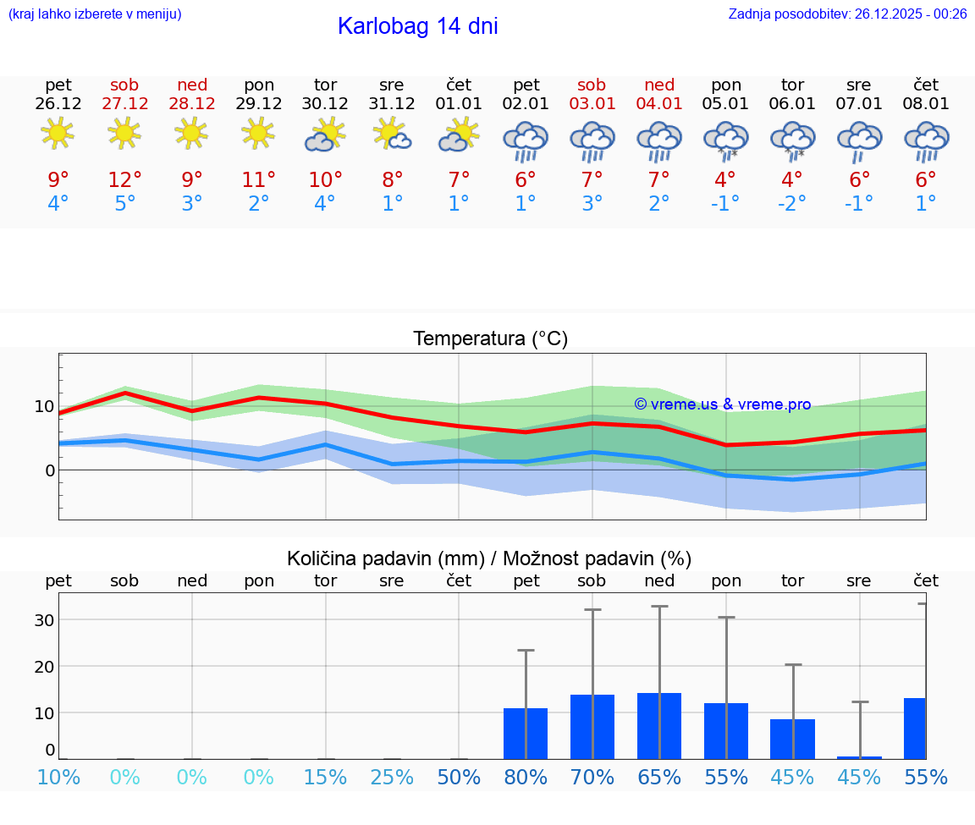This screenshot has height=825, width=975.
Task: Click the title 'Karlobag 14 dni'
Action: point(417,26)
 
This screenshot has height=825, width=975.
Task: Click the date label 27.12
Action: point(124,103)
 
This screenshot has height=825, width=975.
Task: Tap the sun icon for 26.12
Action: point(58,134)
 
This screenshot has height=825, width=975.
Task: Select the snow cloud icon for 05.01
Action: point(725,140)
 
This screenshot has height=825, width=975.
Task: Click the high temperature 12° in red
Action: point(124,180)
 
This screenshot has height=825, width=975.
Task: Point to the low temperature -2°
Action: point(792,204)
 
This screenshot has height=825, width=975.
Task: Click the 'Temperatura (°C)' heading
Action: point(490,339)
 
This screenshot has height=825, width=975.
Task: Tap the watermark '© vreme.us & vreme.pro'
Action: point(722,404)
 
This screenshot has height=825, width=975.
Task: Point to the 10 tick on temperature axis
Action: point(44,406)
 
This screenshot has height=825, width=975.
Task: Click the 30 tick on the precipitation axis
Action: point(44,620)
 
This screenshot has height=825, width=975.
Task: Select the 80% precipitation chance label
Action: point(525,778)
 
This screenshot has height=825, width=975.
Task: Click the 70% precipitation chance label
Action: point(592,778)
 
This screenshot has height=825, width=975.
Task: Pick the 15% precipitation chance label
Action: point(325,778)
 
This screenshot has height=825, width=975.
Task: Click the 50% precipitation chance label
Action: point(459,778)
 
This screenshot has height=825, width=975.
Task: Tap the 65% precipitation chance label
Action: point(658,778)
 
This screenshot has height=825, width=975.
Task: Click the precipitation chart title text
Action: point(489,558)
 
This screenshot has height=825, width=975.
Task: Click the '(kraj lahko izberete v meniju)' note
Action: point(95,14)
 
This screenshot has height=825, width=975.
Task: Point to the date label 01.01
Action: point(459,103)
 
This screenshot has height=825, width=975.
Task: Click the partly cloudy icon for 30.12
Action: point(325,135)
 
